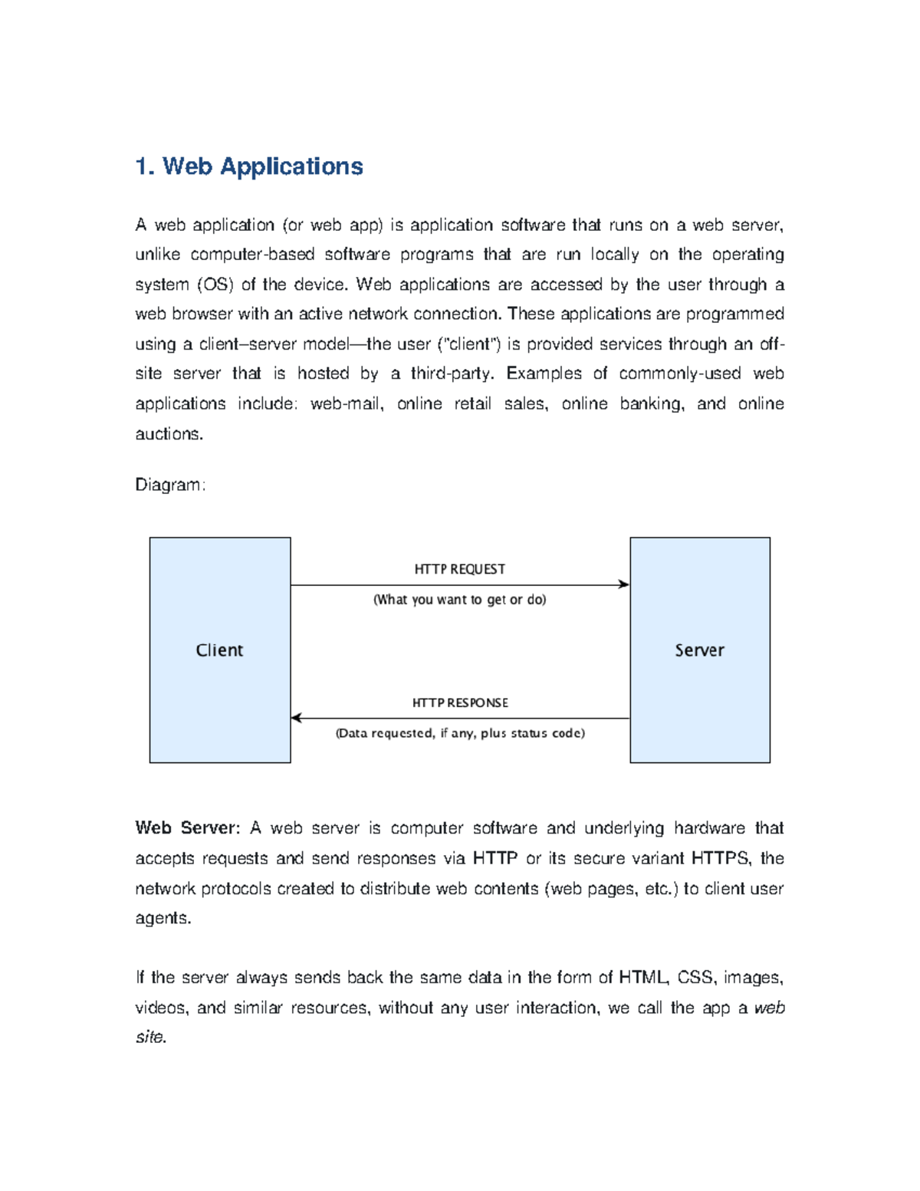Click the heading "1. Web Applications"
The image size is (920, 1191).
coord(248,166)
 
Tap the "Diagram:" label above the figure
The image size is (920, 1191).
coord(169,485)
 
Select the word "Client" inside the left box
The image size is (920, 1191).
coord(219,650)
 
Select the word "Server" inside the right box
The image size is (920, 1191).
coord(699,650)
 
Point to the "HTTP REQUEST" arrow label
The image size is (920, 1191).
coord(459,569)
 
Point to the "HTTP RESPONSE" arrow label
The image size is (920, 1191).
coord(460,702)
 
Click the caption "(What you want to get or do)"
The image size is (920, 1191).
coord(459,600)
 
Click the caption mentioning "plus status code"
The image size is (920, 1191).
coord(460,733)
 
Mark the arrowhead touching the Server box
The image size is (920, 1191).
coord(624,584)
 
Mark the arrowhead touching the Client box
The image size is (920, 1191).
coord(297,718)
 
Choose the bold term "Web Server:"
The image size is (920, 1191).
coord(187,828)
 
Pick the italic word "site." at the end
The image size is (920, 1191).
coord(150,1037)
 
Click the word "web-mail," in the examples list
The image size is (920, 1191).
coord(347,404)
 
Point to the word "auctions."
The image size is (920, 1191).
coord(169,434)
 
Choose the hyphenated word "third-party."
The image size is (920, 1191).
coord(453,374)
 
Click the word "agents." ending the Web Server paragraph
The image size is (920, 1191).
coord(163,918)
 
